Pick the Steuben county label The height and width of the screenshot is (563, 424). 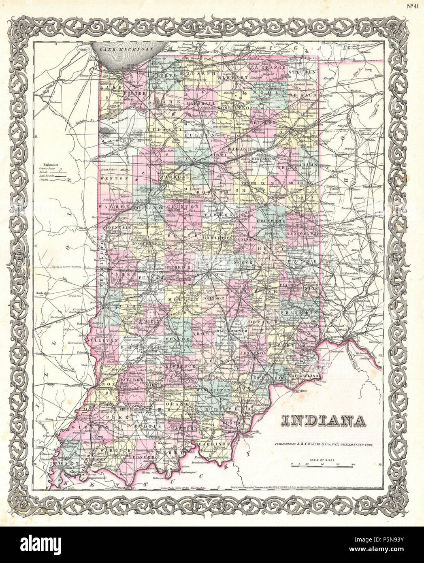coord(303,72)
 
